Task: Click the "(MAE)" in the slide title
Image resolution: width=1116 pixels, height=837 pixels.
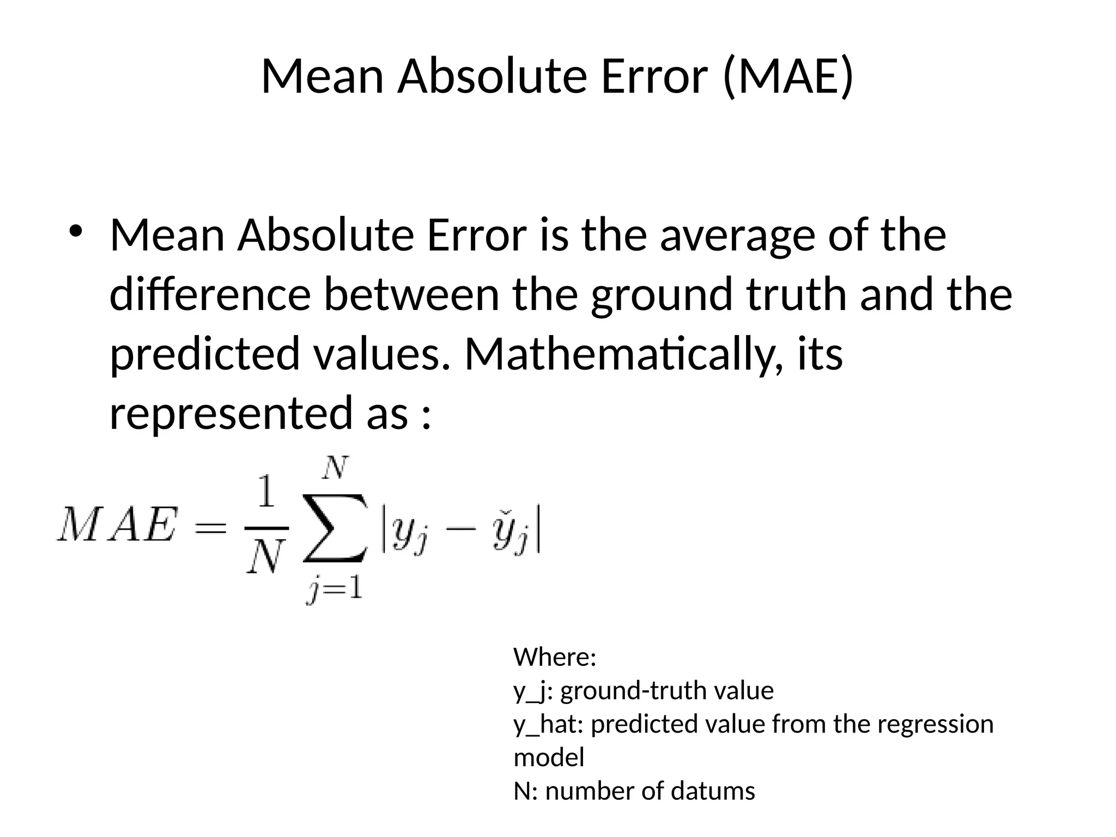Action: (x=787, y=77)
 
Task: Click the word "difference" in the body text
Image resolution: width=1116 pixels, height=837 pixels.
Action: (x=210, y=295)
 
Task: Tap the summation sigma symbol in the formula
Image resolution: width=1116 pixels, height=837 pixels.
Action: (x=335, y=527)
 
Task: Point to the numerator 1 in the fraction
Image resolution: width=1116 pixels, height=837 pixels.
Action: (x=266, y=492)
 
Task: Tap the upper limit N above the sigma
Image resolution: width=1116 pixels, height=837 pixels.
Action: (x=335, y=468)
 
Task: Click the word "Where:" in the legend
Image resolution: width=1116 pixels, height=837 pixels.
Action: (x=555, y=658)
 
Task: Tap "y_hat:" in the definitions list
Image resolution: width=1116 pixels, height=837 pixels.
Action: (x=549, y=725)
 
